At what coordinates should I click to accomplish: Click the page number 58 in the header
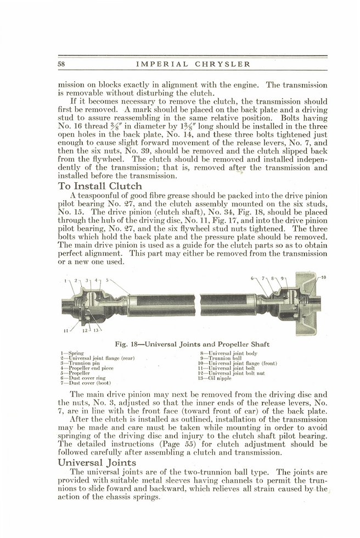(x=61, y=64)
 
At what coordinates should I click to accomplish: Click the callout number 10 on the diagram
(x=323, y=277)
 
